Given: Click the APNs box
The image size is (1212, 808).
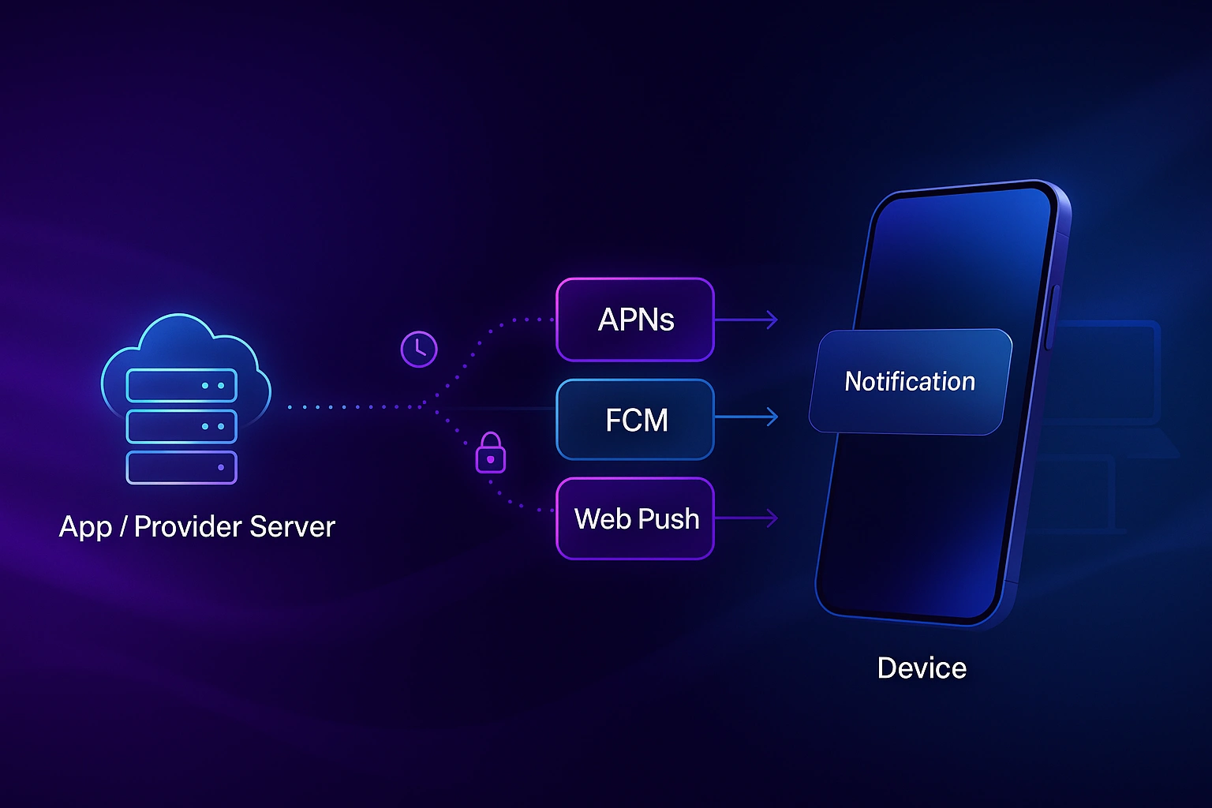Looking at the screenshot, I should pyautogui.click(x=635, y=320).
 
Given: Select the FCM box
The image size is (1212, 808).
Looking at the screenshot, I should pyautogui.click(x=635, y=419).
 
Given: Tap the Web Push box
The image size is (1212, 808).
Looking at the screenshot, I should pyautogui.click(x=635, y=518).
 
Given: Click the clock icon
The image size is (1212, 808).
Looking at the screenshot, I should pyautogui.click(x=419, y=349).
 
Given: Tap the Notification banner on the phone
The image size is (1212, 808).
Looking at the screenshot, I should pyautogui.click(x=910, y=382).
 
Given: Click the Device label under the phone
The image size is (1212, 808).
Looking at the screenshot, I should pyautogui.click(x=922, y=668).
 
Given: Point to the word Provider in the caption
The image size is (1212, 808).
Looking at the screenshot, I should pyautogui.click(x=186, y=526).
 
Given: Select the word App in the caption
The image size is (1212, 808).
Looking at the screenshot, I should pyautogui.click(x=85, y=527).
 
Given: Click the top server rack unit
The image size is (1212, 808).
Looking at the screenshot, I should pyautogui.click(x=181, y=386).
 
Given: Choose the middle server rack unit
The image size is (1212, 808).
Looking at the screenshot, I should pyautogui.click(x=181, y=426).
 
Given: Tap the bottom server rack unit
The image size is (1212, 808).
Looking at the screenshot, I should pyautogui.click(x=181, y=467).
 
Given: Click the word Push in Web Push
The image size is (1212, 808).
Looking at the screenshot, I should pyautogui.click(x=669, y=518).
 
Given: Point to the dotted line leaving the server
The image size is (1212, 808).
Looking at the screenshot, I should pyautogui.click(x=355, y=407).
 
